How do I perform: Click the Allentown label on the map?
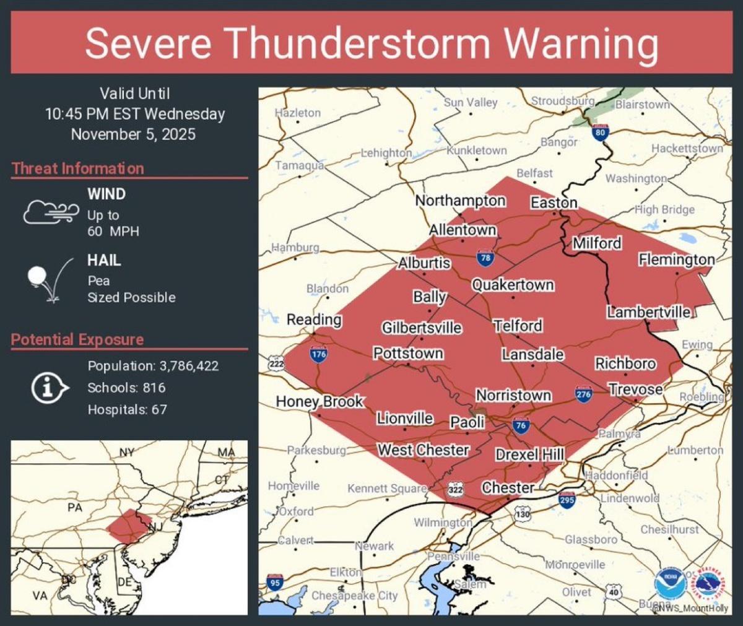point(463,230)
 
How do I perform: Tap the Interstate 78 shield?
point(485,258)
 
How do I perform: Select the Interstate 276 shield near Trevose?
point(583,393)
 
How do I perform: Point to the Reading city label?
point(314,320)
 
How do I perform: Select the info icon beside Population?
point(49,388)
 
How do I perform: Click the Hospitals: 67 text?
point(127,409)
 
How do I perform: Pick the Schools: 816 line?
point(126,388)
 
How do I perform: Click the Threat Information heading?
point(77,168)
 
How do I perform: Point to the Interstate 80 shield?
point(599,131)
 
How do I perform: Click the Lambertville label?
point(648,312)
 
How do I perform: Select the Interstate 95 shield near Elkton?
point(275,582)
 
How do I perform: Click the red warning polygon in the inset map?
point(128,526)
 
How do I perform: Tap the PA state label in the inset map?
point(75,508)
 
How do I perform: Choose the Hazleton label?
point(298,113)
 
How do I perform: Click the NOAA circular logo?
point(670,583)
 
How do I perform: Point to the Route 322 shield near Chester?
point(456,490)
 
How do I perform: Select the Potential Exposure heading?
point(77,339)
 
